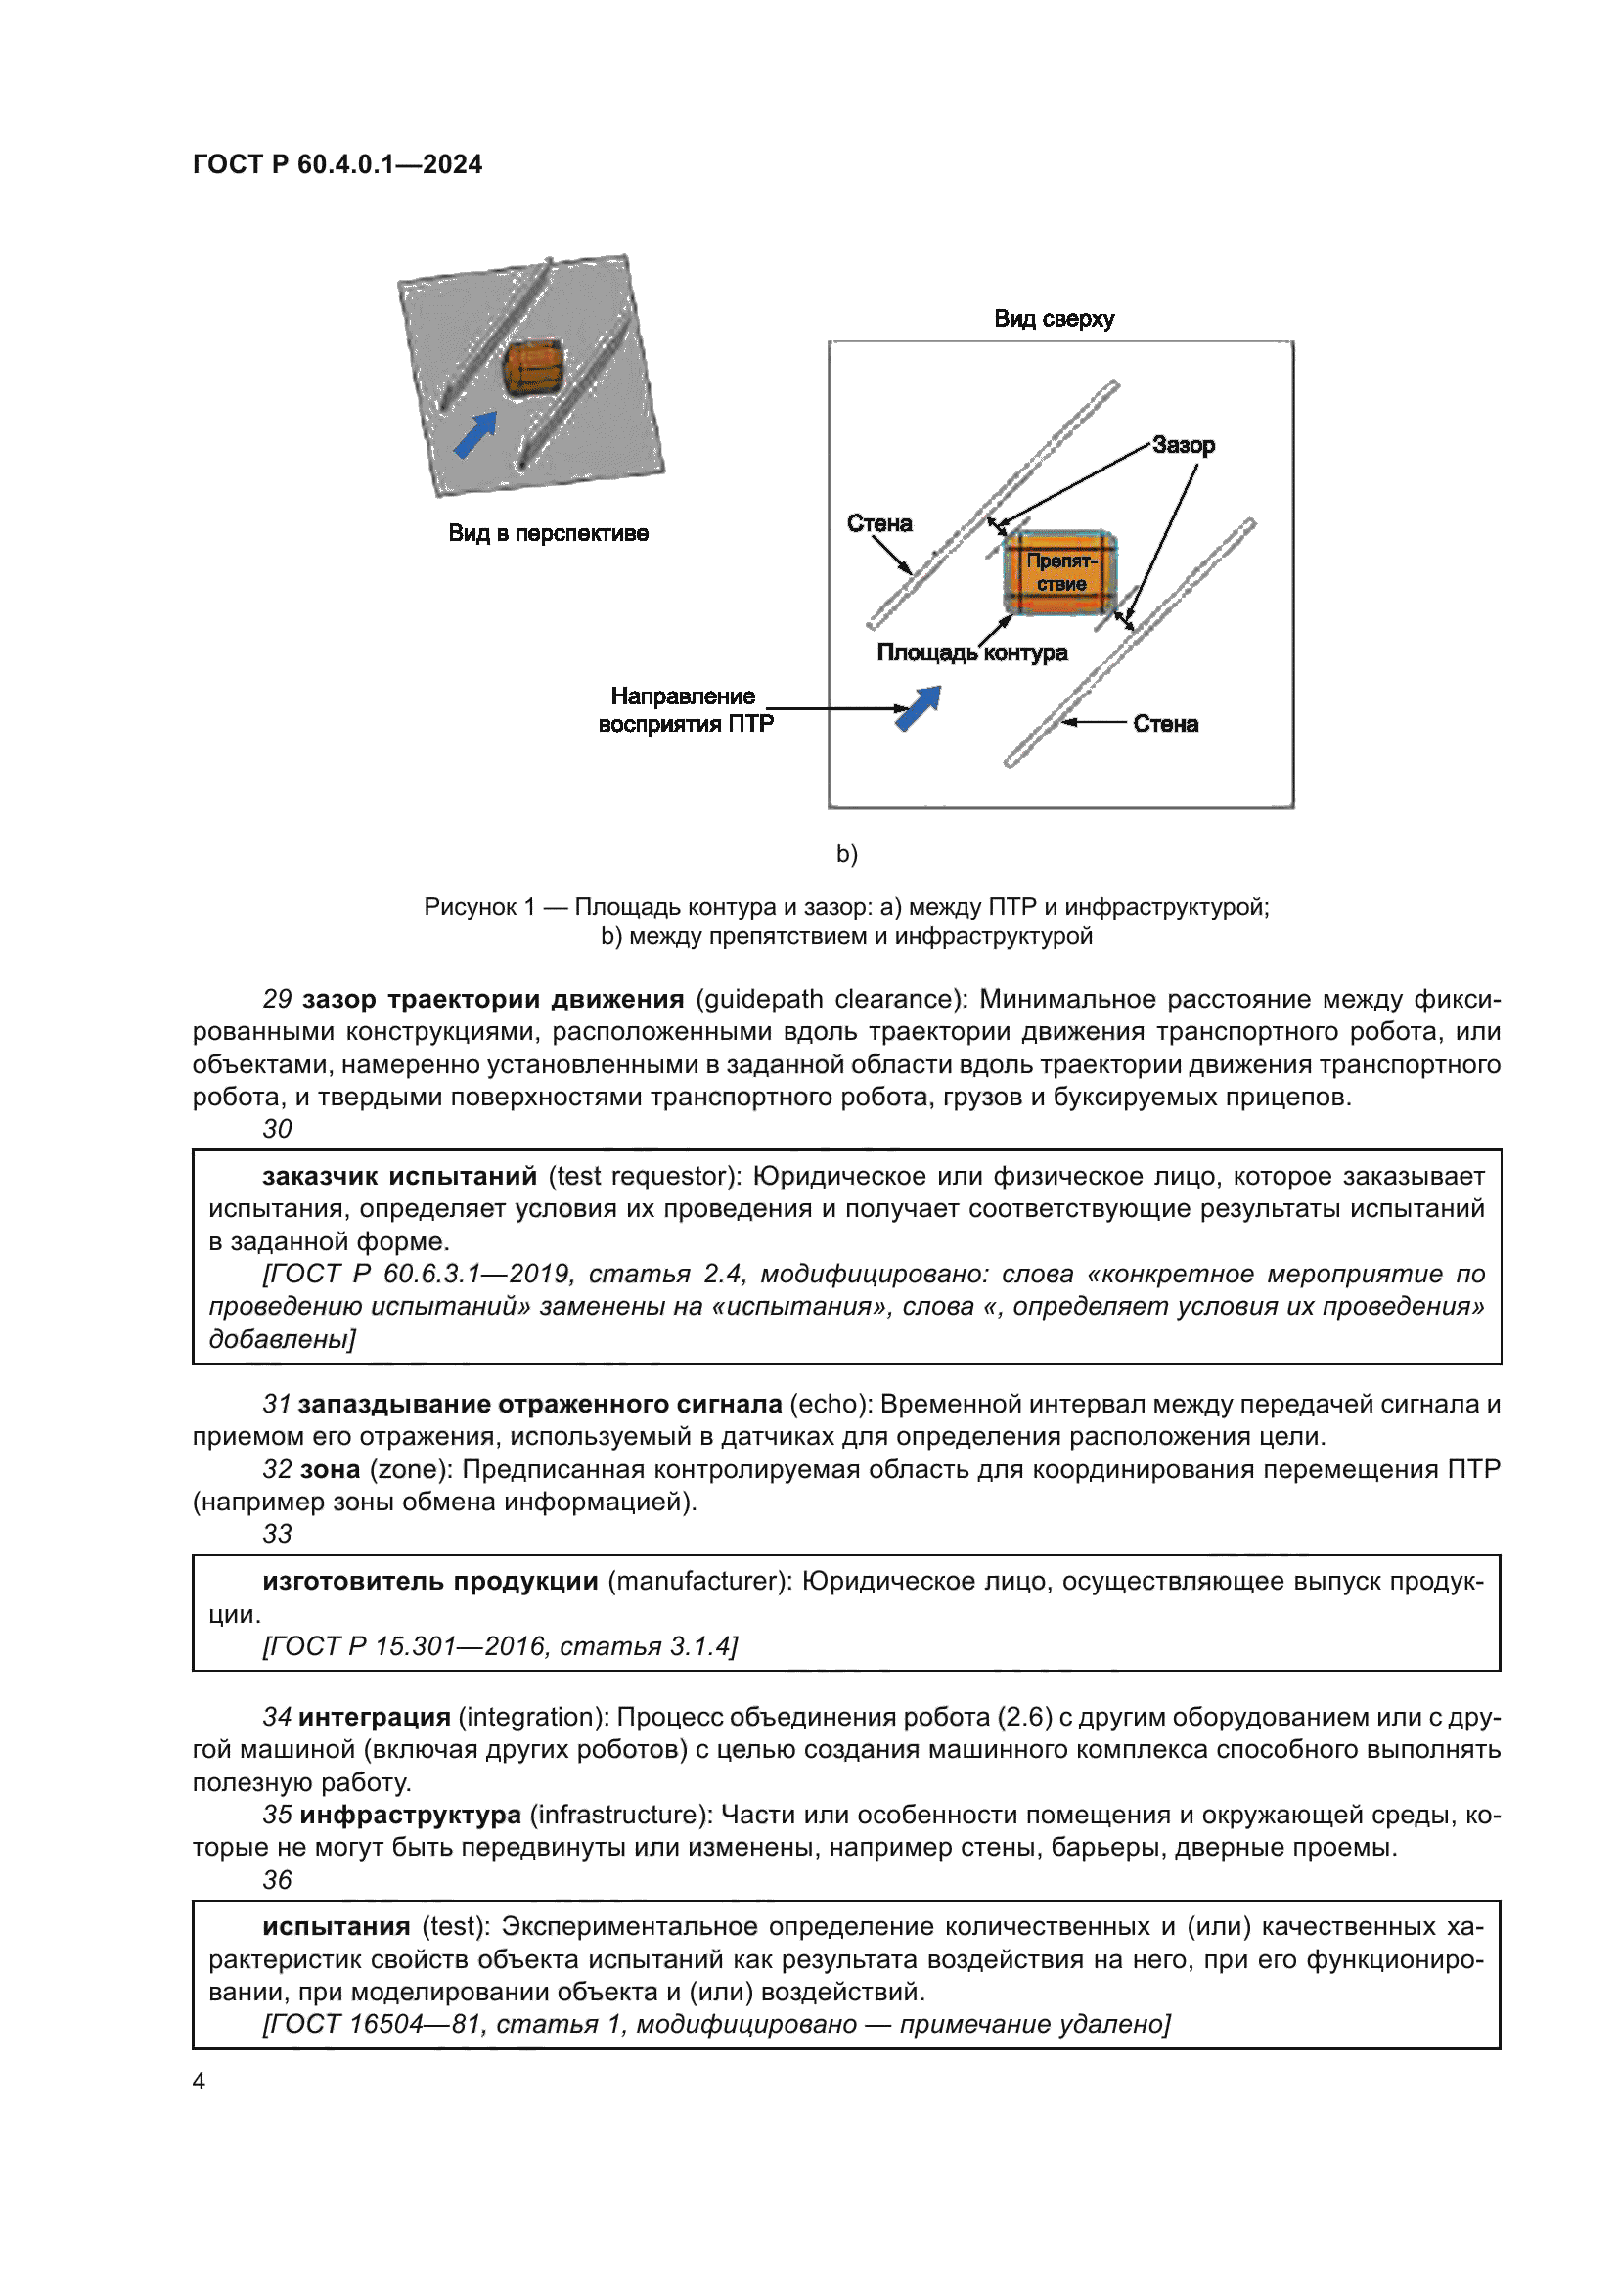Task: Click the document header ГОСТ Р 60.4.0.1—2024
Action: pos(337,164)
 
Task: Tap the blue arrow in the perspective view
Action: pos(475,434)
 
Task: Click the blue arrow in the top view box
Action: pos(919,707)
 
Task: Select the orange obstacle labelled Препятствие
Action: pos(1060,572)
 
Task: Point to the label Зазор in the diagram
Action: pos(1184,445)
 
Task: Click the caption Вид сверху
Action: pos(1055,319)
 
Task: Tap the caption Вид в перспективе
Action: pos(548,533)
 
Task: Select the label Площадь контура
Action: pos(971,652)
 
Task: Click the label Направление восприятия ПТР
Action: pos(685,709)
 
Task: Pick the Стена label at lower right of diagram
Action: pos(1166,725)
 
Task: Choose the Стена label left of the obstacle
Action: pos(878,523)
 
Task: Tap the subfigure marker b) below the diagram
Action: pos(847,854)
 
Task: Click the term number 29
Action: pos(277,999)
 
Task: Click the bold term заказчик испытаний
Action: pos(399,1176)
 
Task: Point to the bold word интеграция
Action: pos(375,1717)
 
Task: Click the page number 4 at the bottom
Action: pos(200,2081)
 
